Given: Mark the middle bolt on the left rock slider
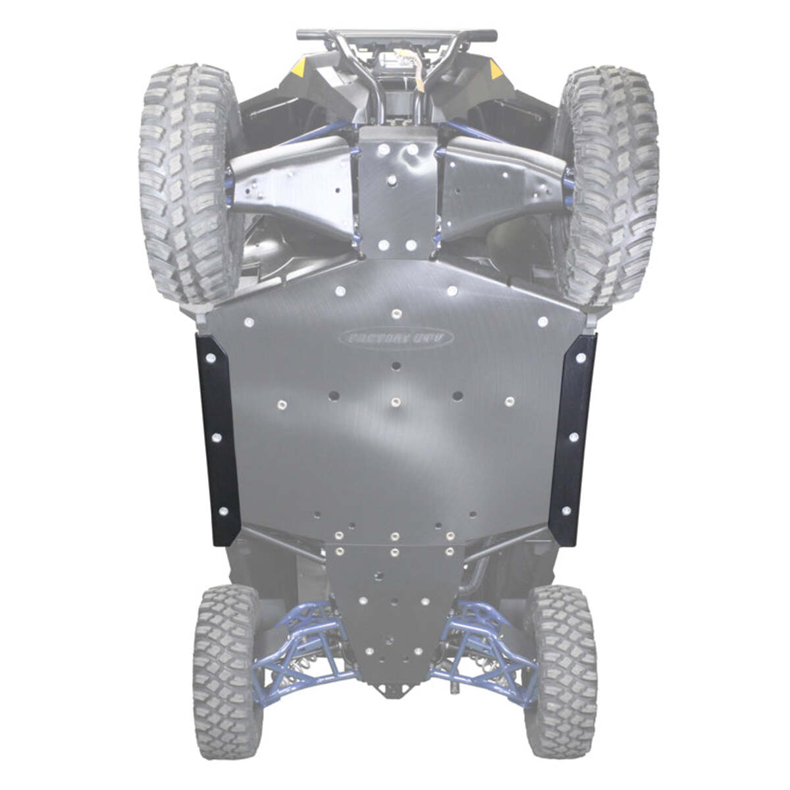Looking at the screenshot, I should tap(217, 437).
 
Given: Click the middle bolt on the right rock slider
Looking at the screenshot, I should tap(573, 437).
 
